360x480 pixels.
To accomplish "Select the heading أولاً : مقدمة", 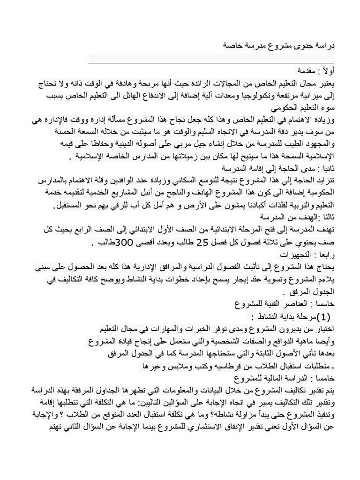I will tap(311, 71).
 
